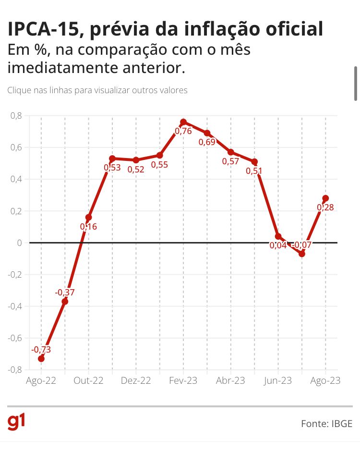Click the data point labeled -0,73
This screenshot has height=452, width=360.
coord(41,359)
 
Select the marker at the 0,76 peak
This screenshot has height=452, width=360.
coord(183,122)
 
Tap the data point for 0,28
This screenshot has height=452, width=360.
coord(325,198)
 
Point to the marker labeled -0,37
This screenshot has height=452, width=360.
coord(65,302)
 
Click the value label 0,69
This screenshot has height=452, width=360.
coord(207,142)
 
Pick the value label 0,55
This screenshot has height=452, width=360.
coord(159,165)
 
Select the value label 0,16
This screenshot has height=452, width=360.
coord(88,227)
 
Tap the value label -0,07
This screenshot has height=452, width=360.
coord(301,245)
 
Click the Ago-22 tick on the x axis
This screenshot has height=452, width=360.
coord(41,380)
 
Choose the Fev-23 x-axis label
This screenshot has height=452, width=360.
coord(183,380)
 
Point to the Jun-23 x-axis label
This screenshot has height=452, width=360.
coord(277,380)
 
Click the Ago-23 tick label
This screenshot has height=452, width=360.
coord(325,380)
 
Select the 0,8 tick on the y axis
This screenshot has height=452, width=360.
coord(16,116)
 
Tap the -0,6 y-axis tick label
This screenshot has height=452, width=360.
coord(15,338)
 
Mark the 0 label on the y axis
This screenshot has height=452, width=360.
coord(19,243)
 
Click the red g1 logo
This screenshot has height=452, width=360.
coord(16,422)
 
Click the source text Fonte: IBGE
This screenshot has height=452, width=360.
coord(326,424)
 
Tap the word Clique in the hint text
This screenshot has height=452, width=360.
coord(19,90)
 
